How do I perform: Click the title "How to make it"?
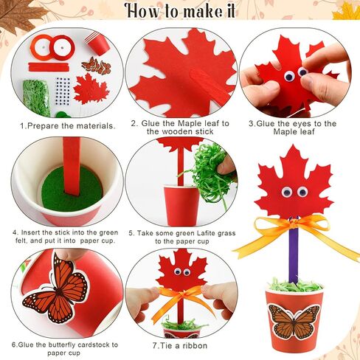(181, 10)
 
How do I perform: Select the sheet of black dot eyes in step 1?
(63, 91)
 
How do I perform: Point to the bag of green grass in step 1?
(37, 97)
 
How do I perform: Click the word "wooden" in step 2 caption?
(180, 131)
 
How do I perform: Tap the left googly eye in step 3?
(289, 76)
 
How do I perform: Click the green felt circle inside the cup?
(72, 188)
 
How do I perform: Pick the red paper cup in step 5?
(181, 206)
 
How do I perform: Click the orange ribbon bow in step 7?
(181, 298)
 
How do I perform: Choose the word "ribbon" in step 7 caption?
(195, 345)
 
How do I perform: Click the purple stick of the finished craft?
(293, 251)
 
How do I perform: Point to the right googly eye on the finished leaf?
(302, 192)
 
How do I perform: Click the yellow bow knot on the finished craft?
(294, 224)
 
